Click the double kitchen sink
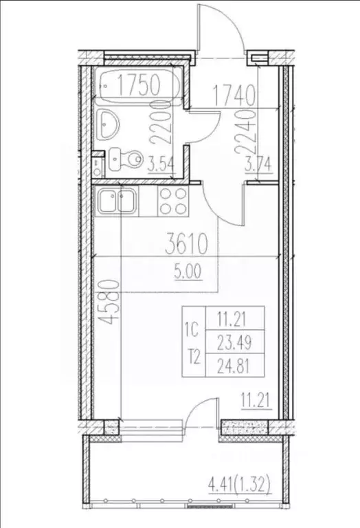(117, 202)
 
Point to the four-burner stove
(174, 202)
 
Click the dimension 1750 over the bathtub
(138, 85)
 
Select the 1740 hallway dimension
(234, 93)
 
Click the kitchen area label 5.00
(187, 270)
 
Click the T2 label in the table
(193, 356)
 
